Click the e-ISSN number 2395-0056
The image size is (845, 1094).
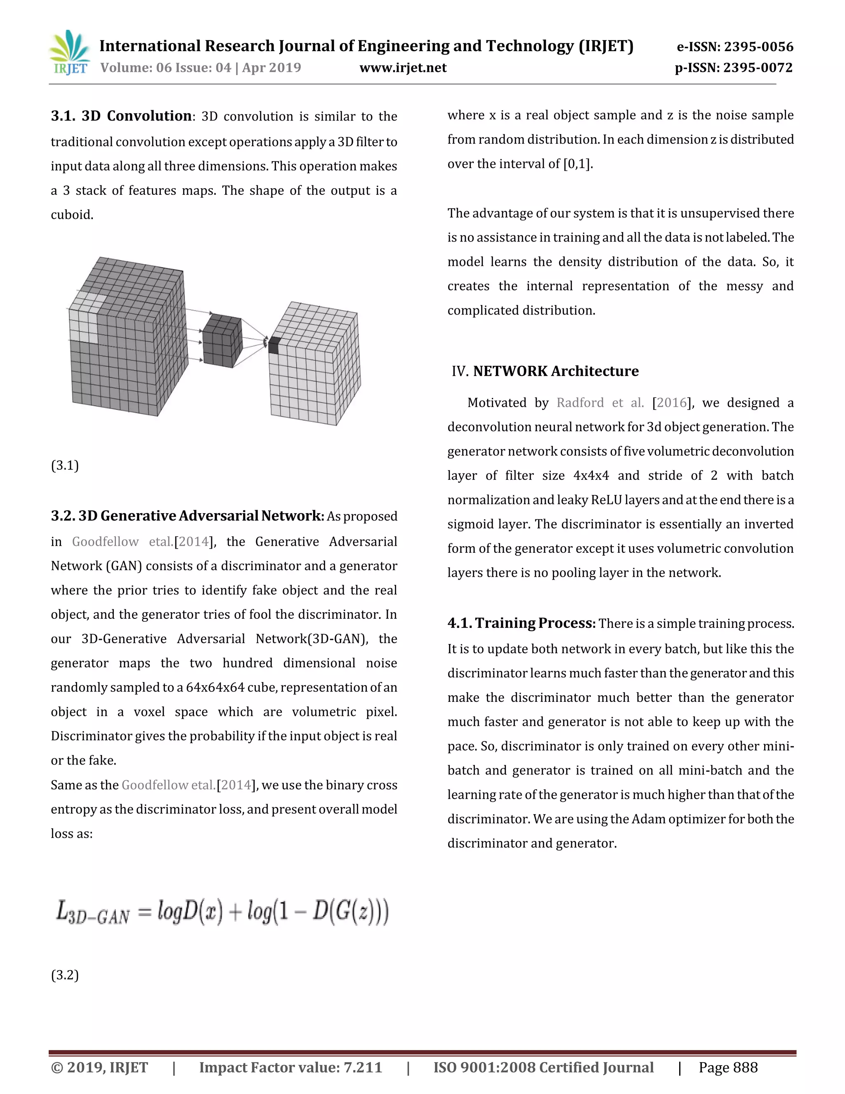coord(734,47)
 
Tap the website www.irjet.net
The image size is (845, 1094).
coord(403,68)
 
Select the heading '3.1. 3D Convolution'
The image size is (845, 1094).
coord(121,116)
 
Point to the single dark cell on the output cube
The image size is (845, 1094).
coord(274,346)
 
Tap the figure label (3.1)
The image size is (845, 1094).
coord(65,465)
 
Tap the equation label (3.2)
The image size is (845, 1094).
coord(65,975)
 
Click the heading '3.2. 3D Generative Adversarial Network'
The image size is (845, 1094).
coord(187,516)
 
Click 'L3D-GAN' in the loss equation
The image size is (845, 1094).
coord(92,912)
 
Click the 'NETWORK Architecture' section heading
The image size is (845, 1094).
coord(556,371)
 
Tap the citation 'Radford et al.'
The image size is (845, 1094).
coord(600,403)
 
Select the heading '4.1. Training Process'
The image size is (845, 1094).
coord(521,623)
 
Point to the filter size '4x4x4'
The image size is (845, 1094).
coord(591,475)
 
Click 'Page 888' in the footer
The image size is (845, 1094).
coord(728,1068)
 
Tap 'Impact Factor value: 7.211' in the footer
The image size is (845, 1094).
coord(290,1068)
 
